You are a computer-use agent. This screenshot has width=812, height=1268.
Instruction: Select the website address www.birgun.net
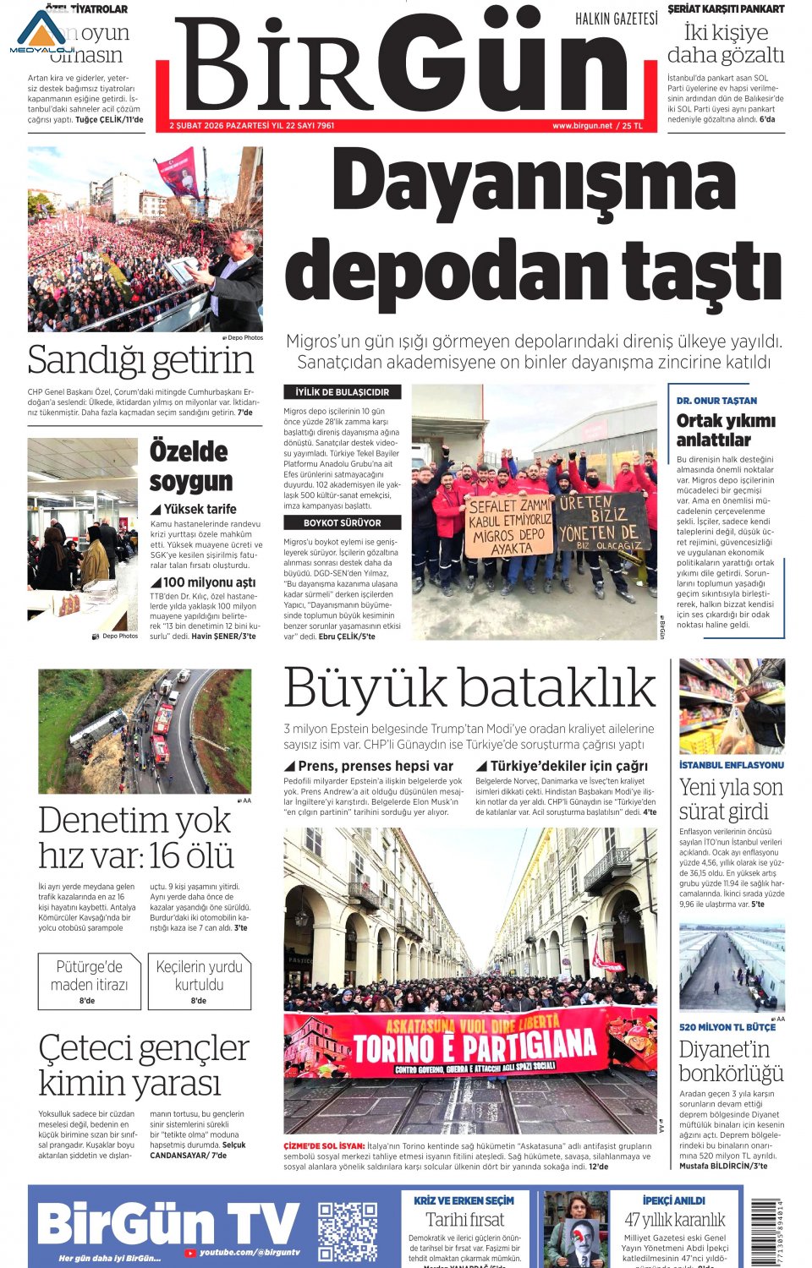(582, 126)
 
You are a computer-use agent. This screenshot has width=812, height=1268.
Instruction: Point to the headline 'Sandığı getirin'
(140, 361)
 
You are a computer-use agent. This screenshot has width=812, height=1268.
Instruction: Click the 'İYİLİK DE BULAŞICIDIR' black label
(342, 392)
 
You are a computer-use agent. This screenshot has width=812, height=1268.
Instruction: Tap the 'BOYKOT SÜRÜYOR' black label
(342, 523)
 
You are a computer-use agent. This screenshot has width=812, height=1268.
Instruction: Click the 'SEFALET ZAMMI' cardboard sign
(509, 525)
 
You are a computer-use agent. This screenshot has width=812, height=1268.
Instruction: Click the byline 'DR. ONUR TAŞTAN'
(716, 401)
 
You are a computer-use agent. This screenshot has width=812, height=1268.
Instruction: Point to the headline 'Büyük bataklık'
(469, 688)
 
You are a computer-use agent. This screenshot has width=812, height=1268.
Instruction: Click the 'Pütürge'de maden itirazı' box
(89, 981)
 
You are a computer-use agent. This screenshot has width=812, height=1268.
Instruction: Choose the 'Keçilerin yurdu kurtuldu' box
(199, 981)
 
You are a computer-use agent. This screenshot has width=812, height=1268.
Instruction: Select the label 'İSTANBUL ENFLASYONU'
(731, 765)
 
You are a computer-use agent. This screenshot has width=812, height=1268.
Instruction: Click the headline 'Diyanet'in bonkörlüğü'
(731, 1061)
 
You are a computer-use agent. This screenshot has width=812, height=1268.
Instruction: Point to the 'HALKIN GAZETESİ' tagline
(616, 19)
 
